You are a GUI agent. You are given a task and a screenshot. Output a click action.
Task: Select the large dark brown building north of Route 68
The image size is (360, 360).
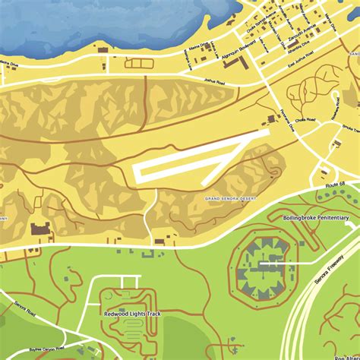point(39,228)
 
